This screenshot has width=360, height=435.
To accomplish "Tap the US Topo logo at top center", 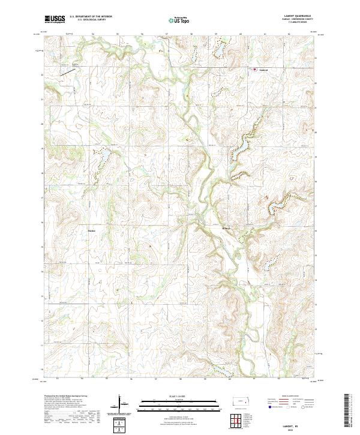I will click(x=179, y=20).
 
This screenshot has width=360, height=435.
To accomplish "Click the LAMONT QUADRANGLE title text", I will click(x=298, y=17).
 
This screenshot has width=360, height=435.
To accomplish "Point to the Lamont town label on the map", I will click(x=263, y=70).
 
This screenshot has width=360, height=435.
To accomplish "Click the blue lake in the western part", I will click(x=103, y=157).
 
